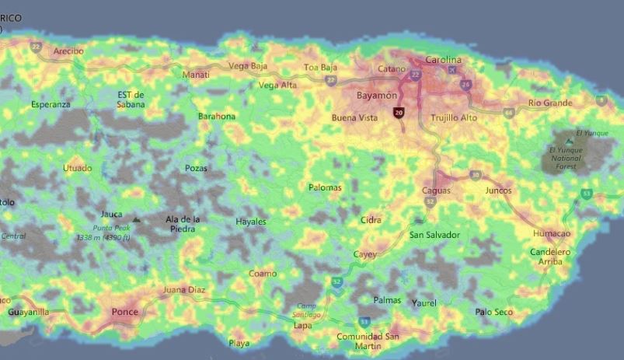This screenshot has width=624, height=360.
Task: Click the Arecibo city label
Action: pyautogui.click(x=68, y=51)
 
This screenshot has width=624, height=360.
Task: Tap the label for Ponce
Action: pyautogui.click(x=125, y=313)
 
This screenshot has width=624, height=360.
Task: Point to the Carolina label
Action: pyautogui.click(x=443, y=60)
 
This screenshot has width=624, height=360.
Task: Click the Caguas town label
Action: pyautogui.click(x=436, y=190)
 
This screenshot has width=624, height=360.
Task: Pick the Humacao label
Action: pyautogui.click(x=552, y=234)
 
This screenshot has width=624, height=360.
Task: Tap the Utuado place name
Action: pyautogui.click(x=78, y=168)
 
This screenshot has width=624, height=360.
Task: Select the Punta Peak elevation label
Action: pyautogui.click(x=102, y=232)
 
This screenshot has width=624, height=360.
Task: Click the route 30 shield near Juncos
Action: pyautogui.click(x=475, y=175)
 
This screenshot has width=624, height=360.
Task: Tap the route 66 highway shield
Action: pyautogui.click(x=509, y=113)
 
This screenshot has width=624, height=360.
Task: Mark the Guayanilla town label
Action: pyautogui.click(x=28, y=312)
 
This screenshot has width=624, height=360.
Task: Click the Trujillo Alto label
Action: pyautogui.click(x=454, y=118)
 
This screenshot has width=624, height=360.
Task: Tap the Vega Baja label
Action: pyautogui.click(x=248, y=66)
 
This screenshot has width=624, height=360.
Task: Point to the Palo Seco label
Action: pyautogui.click(x=494, y=312)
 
